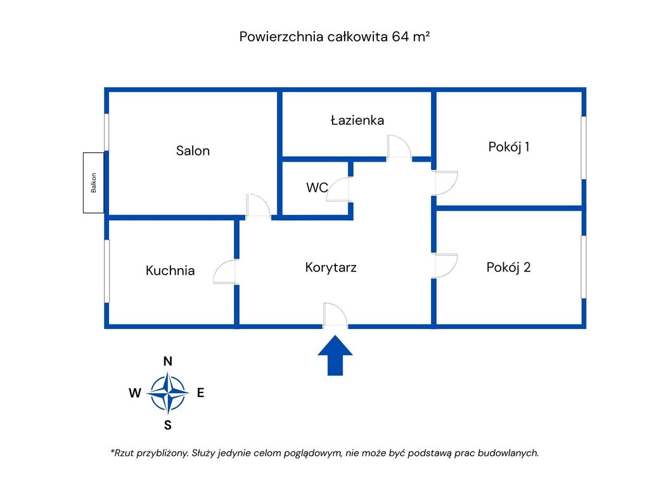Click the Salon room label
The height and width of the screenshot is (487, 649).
193,151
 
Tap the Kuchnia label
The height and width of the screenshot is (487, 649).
170,271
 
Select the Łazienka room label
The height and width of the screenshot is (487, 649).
357,120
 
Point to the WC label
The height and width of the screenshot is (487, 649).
317,188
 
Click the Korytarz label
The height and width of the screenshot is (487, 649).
331,267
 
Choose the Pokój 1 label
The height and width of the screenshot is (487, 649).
509,147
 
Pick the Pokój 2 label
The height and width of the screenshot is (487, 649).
509,267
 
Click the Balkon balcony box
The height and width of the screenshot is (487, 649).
94,183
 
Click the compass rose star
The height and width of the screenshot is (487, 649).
168,393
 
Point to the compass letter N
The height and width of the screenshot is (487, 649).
168,361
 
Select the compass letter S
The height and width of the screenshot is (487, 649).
168,425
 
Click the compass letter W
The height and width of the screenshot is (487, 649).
135,393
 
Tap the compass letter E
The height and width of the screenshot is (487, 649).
200,393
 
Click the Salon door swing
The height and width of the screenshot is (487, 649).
259,206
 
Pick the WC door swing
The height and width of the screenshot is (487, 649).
339,190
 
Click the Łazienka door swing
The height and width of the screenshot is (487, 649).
399,147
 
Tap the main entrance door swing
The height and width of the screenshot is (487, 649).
335,315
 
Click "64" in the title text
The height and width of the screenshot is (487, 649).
400,37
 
